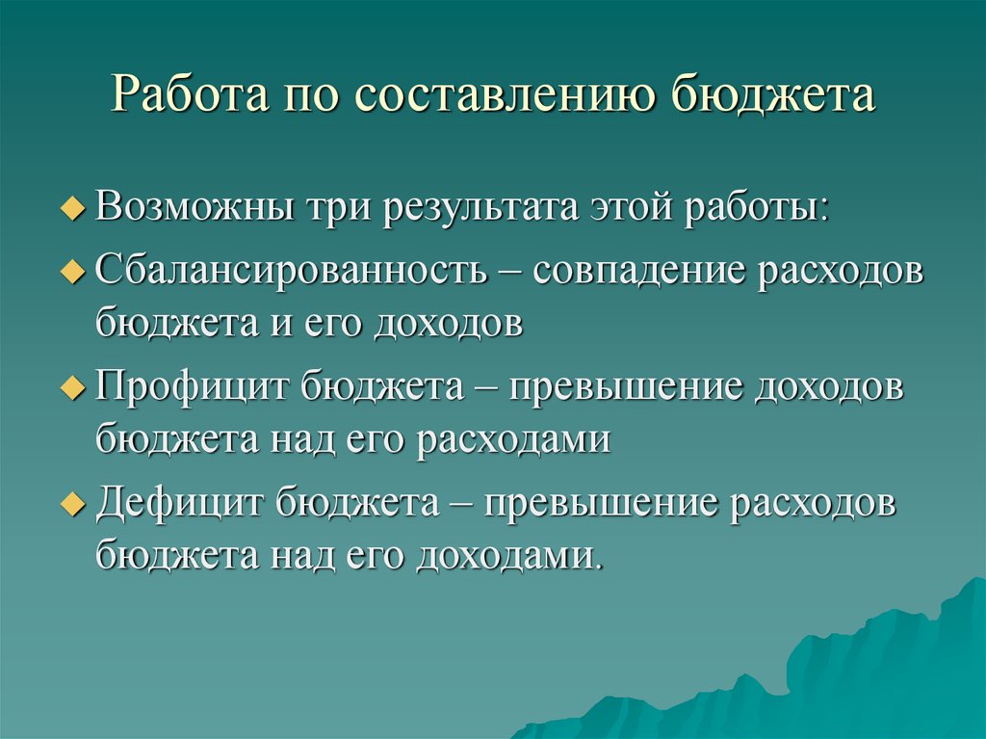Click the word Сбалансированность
point(292,270)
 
